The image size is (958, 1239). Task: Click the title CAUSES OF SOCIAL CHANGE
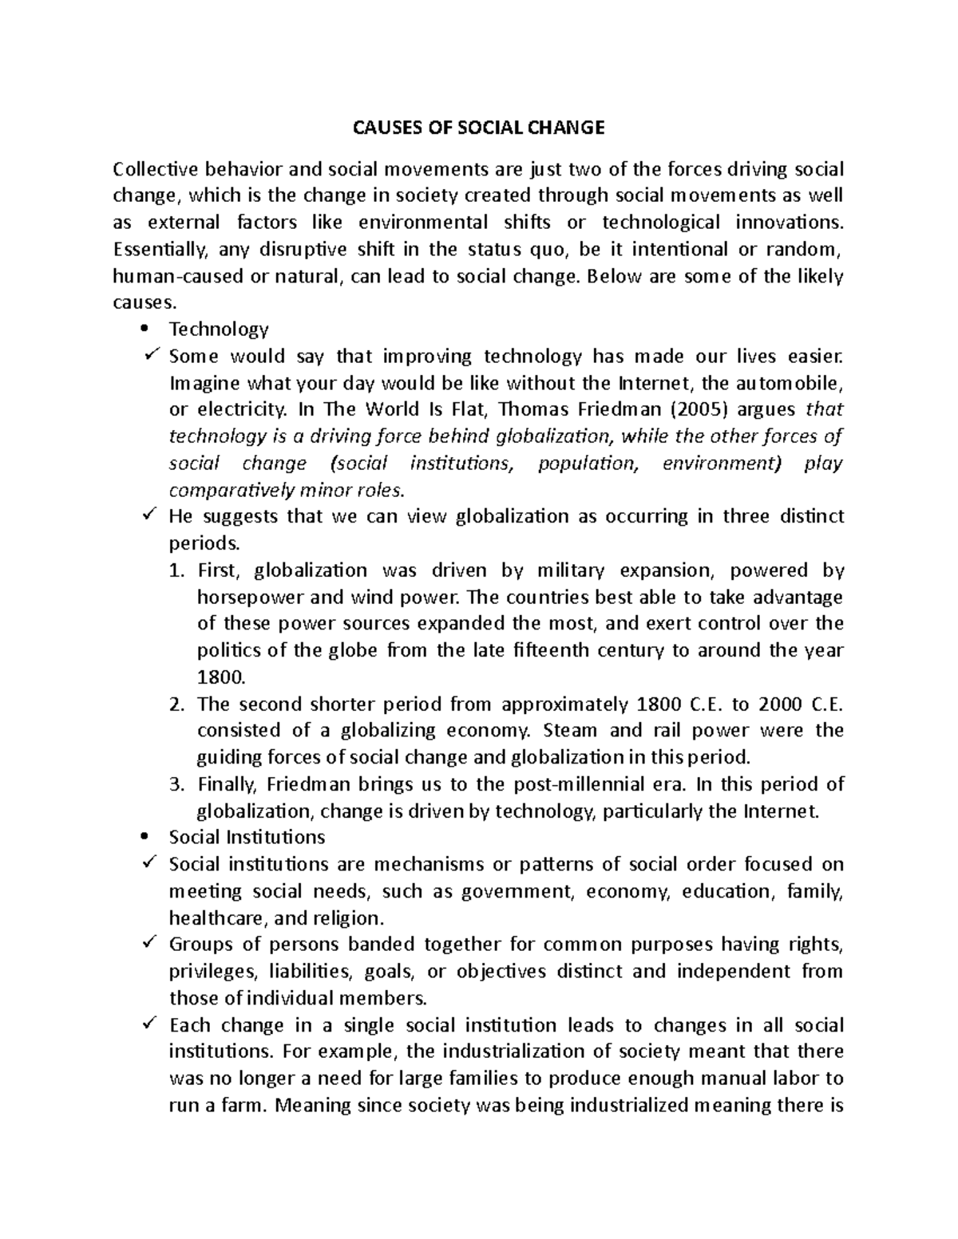coord(479,128)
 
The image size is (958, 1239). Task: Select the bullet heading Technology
coord(219,329)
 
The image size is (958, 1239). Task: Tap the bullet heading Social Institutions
coord(247,837)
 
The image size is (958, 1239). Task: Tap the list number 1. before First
coord(177,570)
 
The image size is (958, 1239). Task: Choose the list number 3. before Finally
coord(177,784)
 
